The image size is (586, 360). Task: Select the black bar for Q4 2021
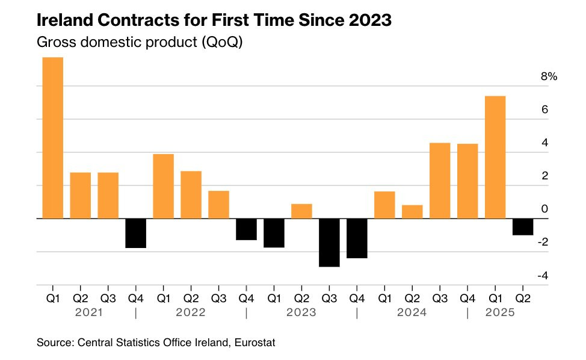[135, 233]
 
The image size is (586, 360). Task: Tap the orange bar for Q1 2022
[163, 186]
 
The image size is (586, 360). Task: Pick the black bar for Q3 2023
[329, 242]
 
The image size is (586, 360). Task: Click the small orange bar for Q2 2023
[301, 211]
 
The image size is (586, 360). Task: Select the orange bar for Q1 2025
[495, 157]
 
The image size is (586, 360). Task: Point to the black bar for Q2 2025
[523, 226]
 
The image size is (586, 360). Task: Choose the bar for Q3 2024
[440, 181]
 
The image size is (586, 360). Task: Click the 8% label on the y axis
[549, 77]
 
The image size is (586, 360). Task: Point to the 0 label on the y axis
[544, 209]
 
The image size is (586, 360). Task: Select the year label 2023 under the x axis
[301, 313]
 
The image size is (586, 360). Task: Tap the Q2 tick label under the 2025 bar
[523, 297]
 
